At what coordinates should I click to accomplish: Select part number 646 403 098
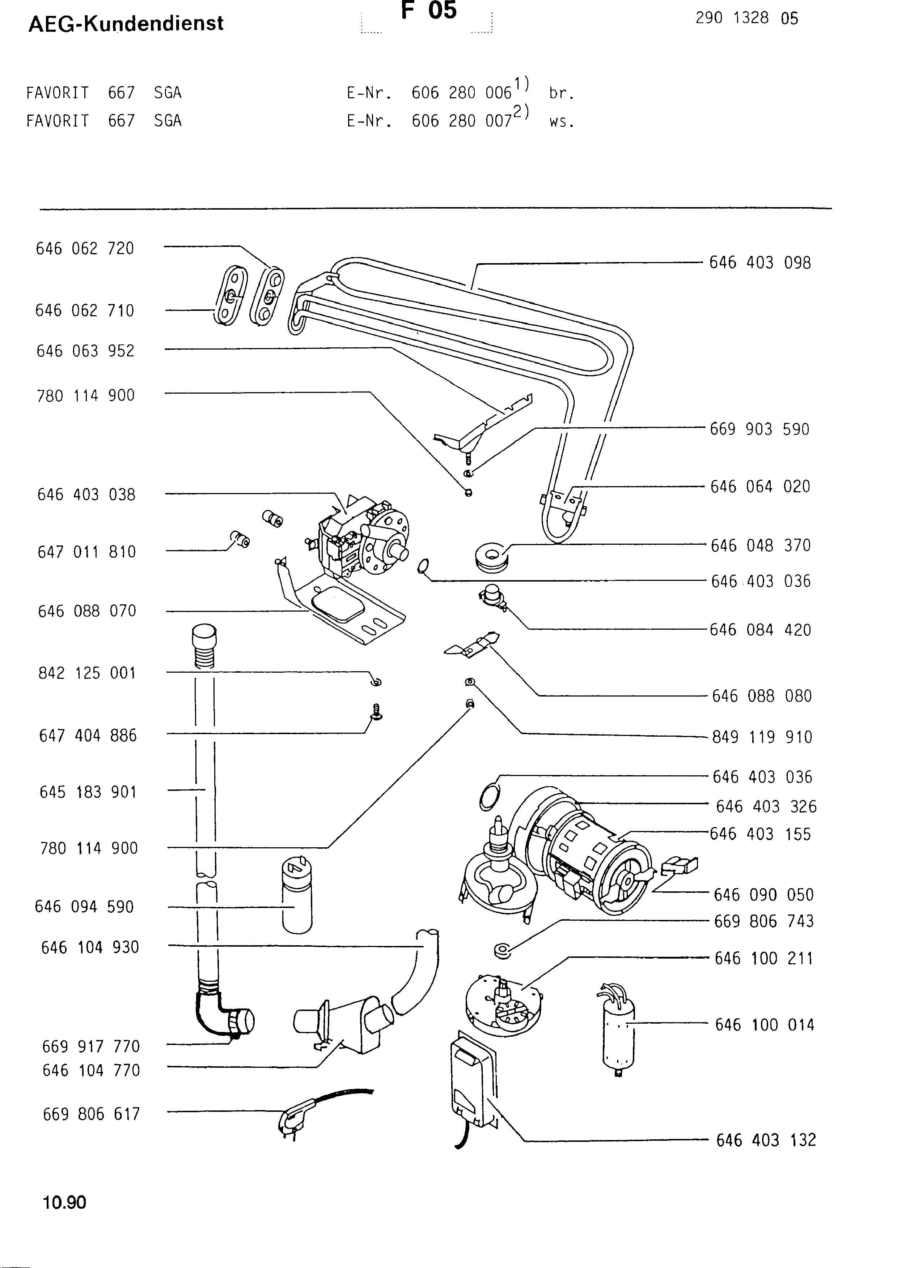760,263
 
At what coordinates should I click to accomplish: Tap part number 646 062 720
85,249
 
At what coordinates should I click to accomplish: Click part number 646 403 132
766,1140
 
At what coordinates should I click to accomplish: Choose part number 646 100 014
764,1025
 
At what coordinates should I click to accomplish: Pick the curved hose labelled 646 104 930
421,972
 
